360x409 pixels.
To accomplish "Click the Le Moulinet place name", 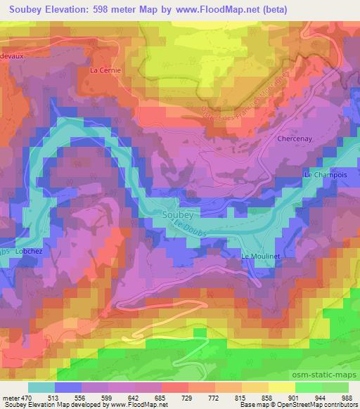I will click(x=261, y=257).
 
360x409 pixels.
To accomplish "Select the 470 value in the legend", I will click(x=27, y=398).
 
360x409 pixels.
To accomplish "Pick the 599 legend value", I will click(x=106, y=398).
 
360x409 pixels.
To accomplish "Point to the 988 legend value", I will click(x=347, y=398).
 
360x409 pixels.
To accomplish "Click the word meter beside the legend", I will click(x=11, y=398).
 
